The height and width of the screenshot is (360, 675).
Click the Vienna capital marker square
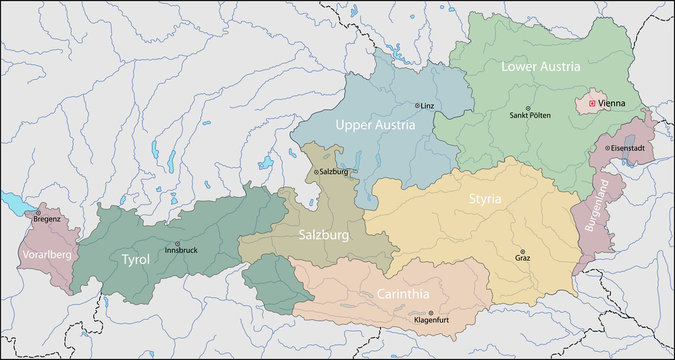point(591,103)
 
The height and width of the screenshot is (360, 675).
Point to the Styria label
point(486,199)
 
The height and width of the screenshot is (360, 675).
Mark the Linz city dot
point(417,105)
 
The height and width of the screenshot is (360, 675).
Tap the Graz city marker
point(520,252)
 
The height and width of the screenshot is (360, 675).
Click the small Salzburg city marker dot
point(316,172)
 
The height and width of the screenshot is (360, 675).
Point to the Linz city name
point(428,106)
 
